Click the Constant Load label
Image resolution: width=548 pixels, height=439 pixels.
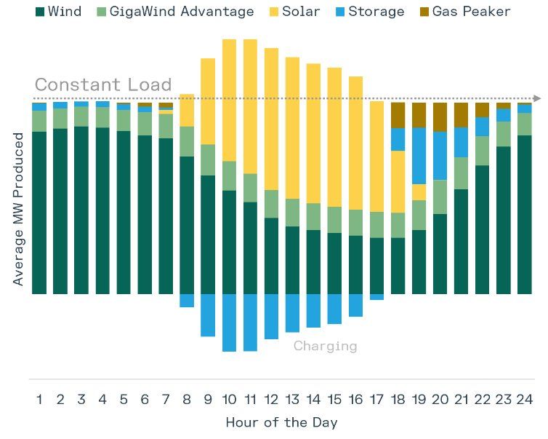point(103,84)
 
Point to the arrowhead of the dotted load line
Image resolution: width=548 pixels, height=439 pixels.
point(537,98)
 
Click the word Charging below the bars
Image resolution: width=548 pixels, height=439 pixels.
point(325,346)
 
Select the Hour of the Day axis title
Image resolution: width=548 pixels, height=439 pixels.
point(281,422)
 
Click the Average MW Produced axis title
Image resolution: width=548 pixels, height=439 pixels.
point(19,209)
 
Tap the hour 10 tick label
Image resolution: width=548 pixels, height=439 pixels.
point(229,399)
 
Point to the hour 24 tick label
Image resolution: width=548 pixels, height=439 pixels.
point(525,399)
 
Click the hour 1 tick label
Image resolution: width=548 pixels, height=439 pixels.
point(39,399)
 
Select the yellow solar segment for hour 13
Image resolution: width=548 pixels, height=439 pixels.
point(292,127)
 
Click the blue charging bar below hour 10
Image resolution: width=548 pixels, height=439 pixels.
point(229,323)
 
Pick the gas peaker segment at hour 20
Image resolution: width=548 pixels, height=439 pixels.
point(440,116)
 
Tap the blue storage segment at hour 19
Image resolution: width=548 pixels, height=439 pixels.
point(419,155)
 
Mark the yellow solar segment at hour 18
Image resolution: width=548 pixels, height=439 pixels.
point(398,181)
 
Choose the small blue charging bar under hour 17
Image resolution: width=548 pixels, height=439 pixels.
point(376,297)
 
